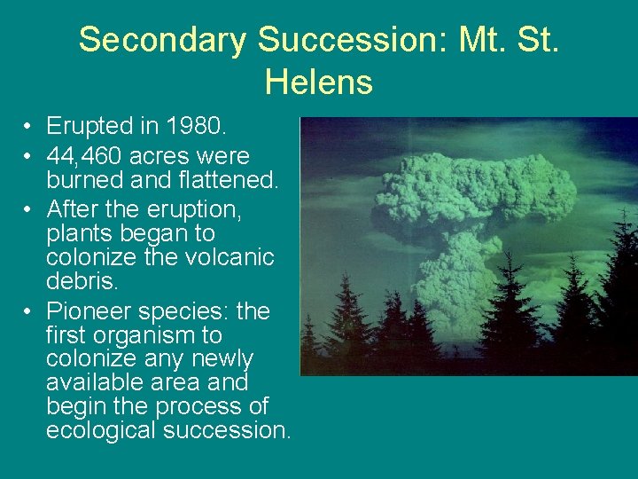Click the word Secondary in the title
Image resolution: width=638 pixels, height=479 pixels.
tap(163, 40)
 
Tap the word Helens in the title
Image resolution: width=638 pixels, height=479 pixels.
tap(318, 82)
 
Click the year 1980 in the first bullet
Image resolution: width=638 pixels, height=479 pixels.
tap(197, 126)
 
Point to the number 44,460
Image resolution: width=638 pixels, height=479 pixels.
tap(85, 157)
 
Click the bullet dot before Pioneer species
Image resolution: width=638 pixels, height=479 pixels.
tap(29, 312)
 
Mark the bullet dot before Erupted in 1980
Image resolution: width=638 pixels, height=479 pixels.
tap(29, 127)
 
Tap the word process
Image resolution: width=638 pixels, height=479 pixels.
tap(201, 406)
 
